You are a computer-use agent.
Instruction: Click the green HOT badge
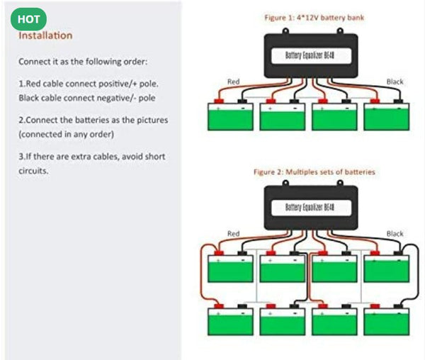[29, 19]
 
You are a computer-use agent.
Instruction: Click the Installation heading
[45, 35]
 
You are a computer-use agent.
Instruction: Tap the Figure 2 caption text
[314, 171]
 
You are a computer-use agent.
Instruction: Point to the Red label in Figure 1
[234, 82]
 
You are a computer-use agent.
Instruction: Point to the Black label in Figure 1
[395, 82]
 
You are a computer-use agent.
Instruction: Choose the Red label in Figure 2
[234, 233]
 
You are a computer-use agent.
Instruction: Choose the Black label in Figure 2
[395, 233]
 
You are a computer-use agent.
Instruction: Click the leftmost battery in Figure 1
[230, 117]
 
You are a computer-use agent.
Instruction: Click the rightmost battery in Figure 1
[387, 117]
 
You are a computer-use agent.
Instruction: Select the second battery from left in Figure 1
[282, 117]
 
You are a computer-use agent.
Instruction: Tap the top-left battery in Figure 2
[230, 269]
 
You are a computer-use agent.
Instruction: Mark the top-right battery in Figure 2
[387, 269]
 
